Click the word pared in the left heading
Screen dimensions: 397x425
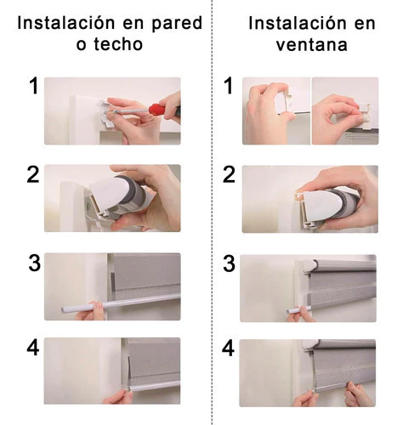coord(177,24)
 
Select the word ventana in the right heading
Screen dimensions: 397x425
coord(312,45)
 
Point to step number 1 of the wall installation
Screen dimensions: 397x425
coord(34,86)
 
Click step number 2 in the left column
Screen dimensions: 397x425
coord(33,174)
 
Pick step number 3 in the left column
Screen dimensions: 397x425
coord(35,263)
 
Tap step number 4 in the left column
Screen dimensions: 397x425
coord(33,348)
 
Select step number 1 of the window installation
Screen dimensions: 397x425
coord(229,86)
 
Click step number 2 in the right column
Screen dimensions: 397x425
coord(229,174)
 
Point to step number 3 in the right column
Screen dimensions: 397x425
coord(230,263)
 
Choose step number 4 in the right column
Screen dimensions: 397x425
coord(228,348)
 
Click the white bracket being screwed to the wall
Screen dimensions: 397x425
coord(107,113)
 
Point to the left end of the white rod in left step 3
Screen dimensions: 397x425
coord(62,309)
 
